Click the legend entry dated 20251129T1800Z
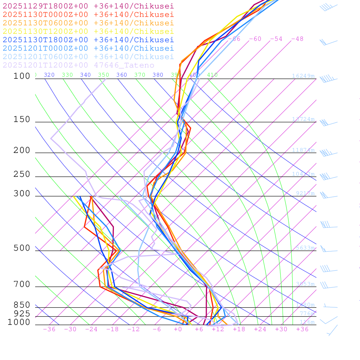[88, 6]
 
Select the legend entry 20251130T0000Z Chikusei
[88, 14]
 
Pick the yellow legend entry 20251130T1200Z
[88, 31]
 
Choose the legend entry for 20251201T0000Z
[88, 48]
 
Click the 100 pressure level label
[22, 76]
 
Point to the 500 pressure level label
[22, 248]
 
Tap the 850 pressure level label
[22, 305]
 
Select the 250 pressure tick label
[22, 174]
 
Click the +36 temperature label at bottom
[302, 329]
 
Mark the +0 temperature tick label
[178, 329]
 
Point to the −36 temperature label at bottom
[49, 329]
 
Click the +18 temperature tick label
[239, 329]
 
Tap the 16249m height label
[303, 76]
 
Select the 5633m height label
[305, 248]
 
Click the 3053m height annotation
[305, 284]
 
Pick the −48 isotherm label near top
[297, 39]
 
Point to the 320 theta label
[49, 75]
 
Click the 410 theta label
[212, 75]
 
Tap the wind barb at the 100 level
[328, 79]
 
